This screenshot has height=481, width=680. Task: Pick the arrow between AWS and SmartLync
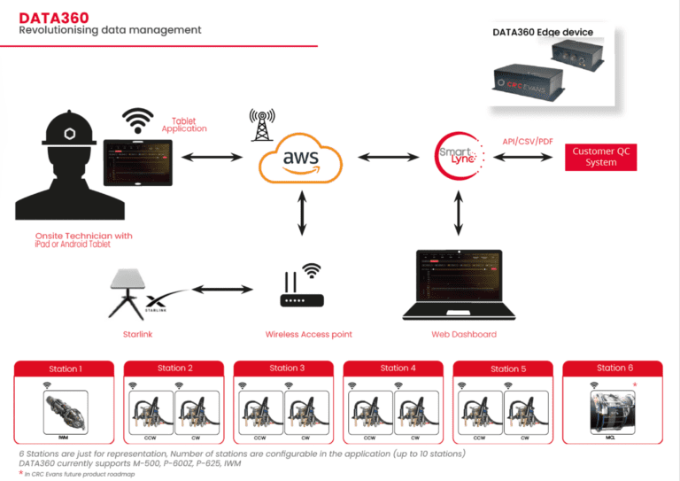click(386, 158)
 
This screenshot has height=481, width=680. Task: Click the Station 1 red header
click(65, 369)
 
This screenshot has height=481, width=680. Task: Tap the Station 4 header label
click(394, 368)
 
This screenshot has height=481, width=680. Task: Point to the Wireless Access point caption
click(308, 334)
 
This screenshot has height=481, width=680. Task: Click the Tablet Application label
click(183, 124)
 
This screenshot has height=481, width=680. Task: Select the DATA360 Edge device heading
click(543, 33)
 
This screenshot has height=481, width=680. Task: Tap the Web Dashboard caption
click(464, 334)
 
